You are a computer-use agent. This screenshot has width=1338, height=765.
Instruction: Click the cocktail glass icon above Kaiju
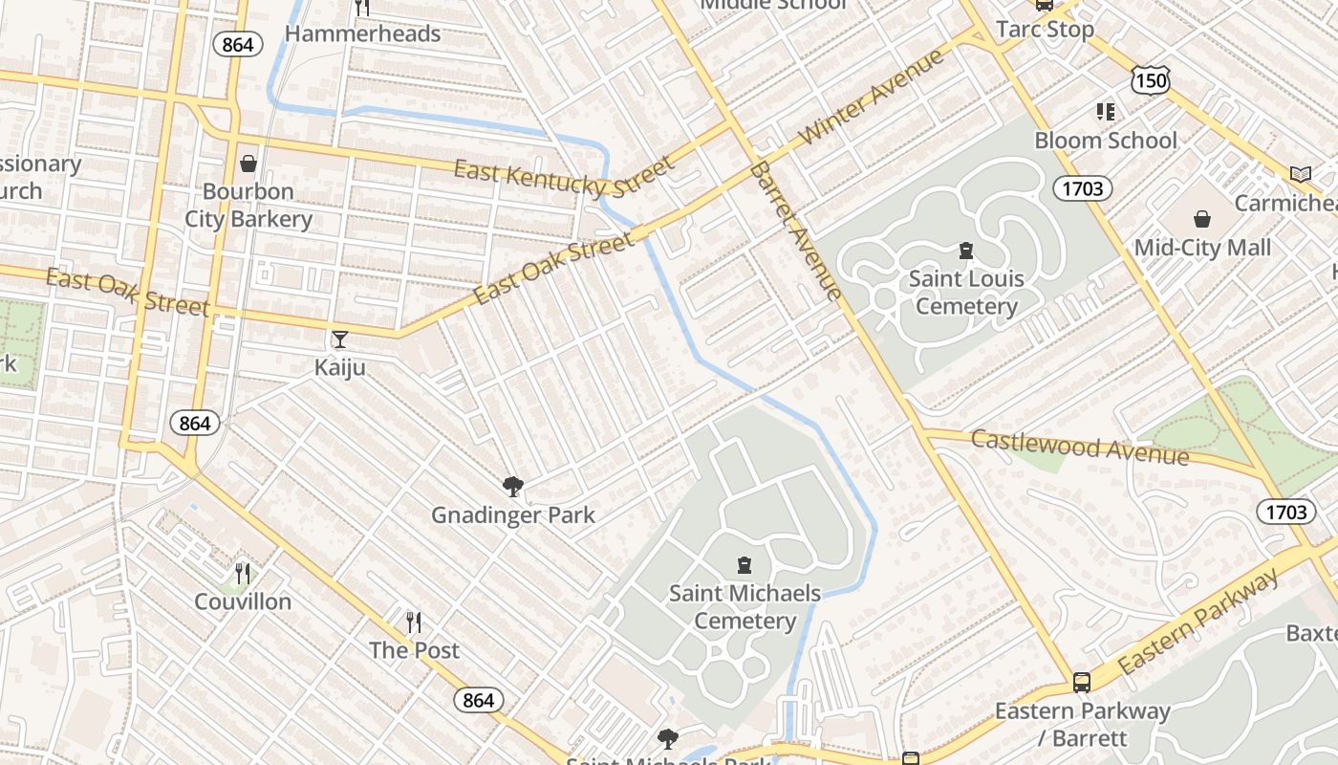point(339,339)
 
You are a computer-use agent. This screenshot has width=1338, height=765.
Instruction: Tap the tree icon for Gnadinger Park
point(513,487)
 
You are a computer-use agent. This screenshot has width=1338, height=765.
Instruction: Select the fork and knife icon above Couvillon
point(243,573)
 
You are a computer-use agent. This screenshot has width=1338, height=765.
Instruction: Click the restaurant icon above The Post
point(414,623)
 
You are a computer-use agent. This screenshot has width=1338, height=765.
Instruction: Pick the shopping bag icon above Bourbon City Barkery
point(248,164)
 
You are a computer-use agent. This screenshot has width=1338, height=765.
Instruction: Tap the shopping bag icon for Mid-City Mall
point(1202,220)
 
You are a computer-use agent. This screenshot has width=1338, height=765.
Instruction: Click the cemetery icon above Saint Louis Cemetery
point(966,251)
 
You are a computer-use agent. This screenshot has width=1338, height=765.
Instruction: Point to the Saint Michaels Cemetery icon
point(745,565)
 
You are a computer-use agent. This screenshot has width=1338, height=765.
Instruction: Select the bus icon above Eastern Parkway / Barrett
point(1082,683)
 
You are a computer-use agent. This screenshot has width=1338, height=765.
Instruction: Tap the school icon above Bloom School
point(1106,112)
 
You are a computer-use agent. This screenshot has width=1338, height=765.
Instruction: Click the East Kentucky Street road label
point(564,177)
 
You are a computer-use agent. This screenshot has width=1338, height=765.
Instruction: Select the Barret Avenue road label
point(796,230)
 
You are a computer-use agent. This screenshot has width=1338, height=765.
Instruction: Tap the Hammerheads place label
point(363,34)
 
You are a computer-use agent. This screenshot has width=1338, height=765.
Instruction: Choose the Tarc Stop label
point(1045,30)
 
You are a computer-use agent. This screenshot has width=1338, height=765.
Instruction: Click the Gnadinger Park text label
point(513,515)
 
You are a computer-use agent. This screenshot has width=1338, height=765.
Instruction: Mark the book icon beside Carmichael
point(1300,174)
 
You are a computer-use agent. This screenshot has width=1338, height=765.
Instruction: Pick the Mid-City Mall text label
point(1202,249)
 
